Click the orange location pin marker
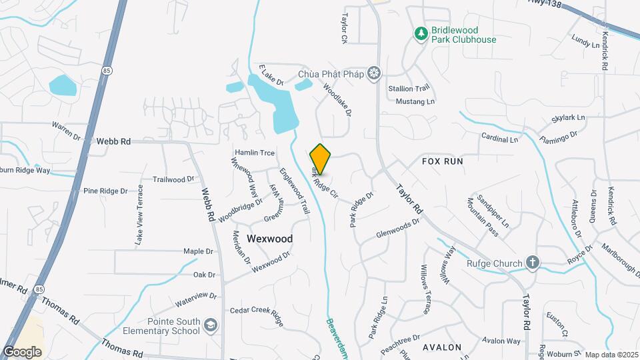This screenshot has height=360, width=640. [x=321, y=159]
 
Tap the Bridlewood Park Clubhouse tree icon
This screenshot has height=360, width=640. [x=420, y=33]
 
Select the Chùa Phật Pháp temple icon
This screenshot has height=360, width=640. [x=375, y=73]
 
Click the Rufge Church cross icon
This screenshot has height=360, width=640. [x=532, y=263]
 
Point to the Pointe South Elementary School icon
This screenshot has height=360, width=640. [x=211, y=325]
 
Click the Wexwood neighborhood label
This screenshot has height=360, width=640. [x=269, y=238]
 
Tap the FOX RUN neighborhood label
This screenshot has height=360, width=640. [x=442, y=161]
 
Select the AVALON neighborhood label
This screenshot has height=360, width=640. [x=442, y=347]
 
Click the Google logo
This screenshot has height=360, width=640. [x=22, y=351]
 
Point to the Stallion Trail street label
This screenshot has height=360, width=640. [x=409, y=88]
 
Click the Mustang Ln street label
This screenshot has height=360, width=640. [x=415, y=101]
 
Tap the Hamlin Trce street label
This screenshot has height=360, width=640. [x=254, y=153]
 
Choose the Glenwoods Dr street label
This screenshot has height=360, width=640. [x=397, y=233]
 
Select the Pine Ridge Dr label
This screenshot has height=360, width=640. [x=105, y=191]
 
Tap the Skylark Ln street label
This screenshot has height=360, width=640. [x=568, y=118]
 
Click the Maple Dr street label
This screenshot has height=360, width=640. [x=198, y=251]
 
